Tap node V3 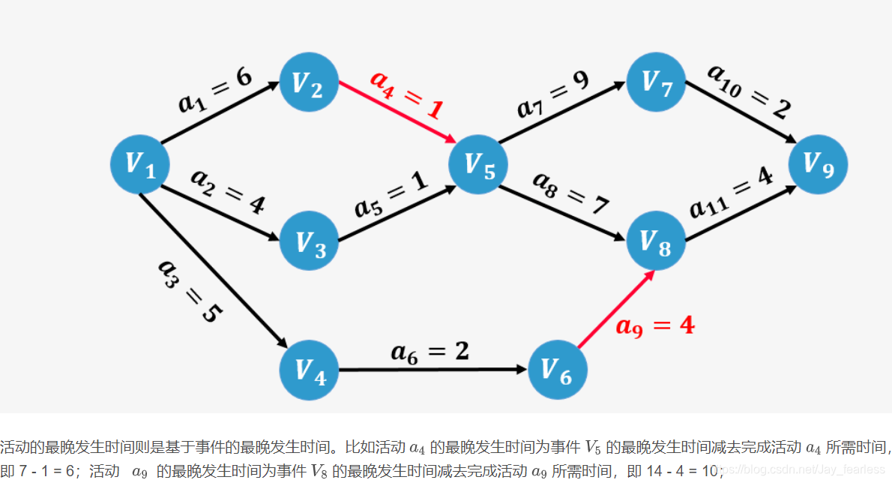pos(309,241)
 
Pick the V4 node pos(309,370)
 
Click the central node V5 pos(478,164)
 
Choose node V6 pos(557,370)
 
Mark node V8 pos(656,241)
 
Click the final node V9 pos(818,164)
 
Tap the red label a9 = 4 pos(654,325)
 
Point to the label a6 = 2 pos(430,351)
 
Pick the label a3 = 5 pos(187,291)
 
